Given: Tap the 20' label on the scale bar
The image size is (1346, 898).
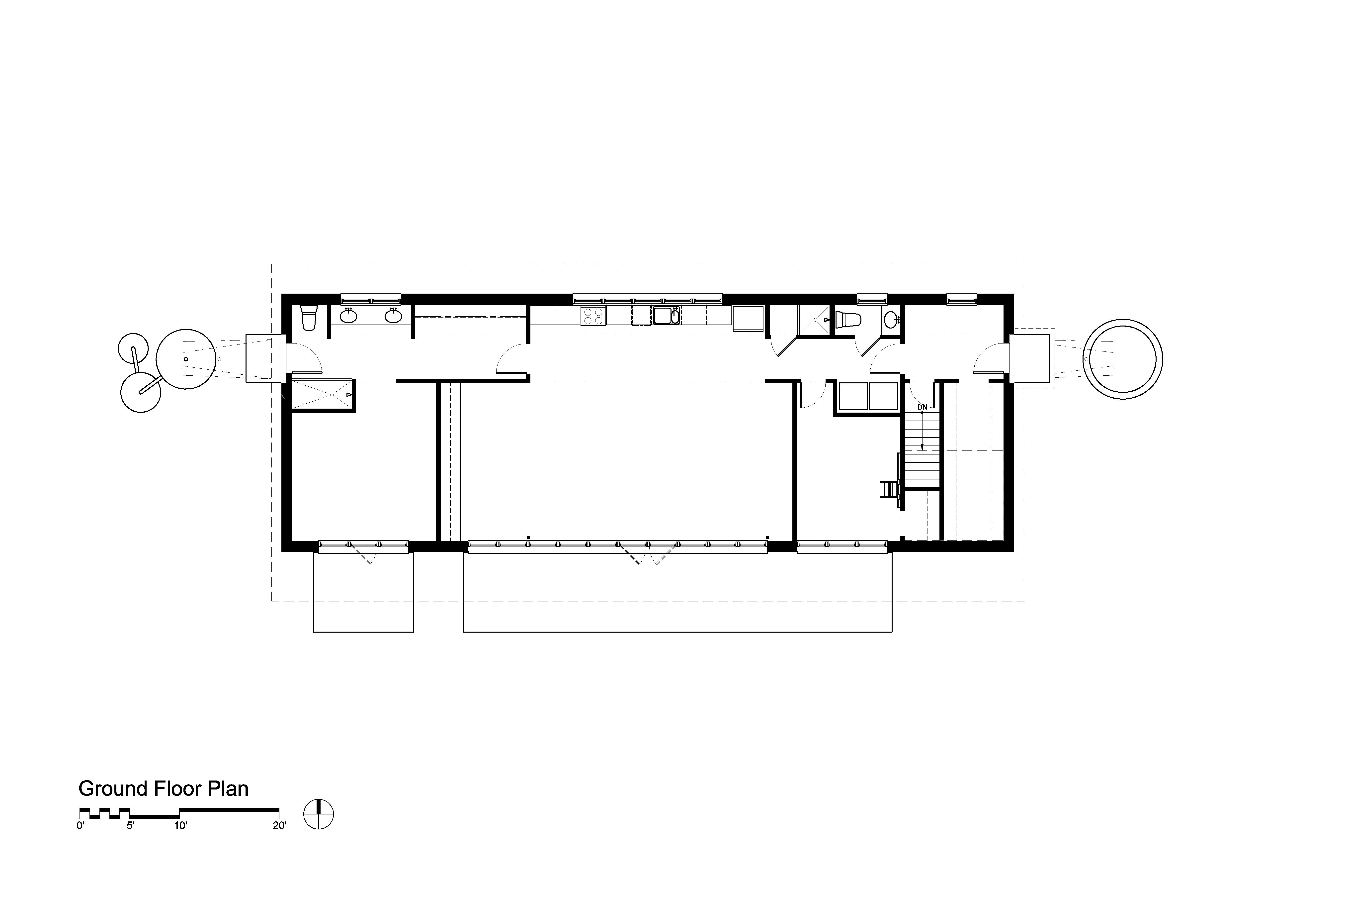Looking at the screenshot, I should (279, 826).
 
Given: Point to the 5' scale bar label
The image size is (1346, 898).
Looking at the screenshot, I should (130, 826).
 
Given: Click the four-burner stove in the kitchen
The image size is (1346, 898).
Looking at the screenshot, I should (593, 316).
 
